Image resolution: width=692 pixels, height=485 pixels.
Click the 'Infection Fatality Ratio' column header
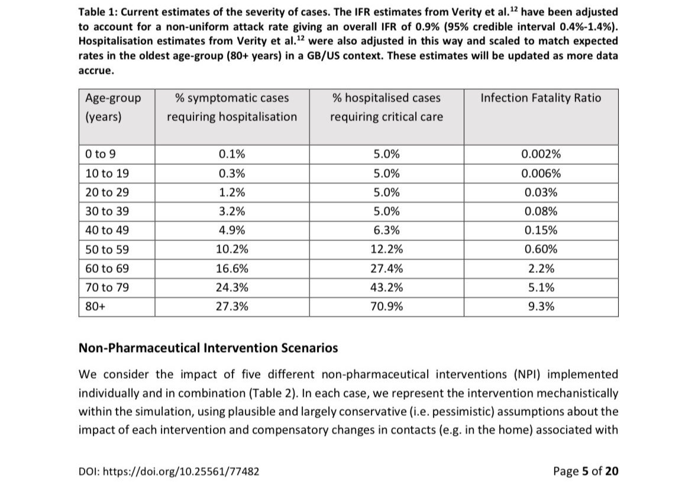(x=541, y=98)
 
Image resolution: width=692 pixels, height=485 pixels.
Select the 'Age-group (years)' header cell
(x=113, y=107)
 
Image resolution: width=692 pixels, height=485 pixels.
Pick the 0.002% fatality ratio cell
(x=541, y=154)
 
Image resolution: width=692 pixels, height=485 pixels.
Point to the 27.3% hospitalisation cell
(x=232, y=307)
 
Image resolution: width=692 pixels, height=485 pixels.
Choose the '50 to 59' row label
(x=107, y=249)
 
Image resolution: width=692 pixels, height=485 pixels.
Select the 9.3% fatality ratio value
(x=541, y=307)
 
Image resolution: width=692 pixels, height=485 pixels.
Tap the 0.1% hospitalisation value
(x=232, y=154)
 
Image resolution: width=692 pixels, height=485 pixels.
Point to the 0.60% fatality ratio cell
(x=541, y=249)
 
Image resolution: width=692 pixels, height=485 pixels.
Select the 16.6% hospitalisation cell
(x=232, y=269)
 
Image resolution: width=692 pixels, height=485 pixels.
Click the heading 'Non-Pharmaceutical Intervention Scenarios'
(x=208, y=347)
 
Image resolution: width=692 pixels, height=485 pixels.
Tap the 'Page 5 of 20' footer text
(x=586, y=471)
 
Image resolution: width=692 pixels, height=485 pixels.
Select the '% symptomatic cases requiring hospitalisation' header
(x=232, y=107)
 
